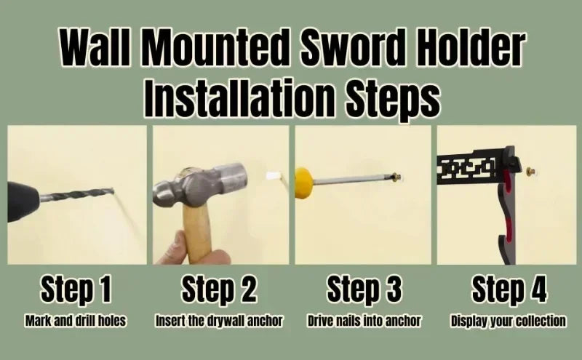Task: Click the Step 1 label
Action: point(76,289)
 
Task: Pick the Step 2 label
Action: point(219,289)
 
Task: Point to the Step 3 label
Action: point(364,289)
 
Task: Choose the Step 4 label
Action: point(509,289)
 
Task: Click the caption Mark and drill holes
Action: point(76,321)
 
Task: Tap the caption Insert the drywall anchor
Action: point(219,321)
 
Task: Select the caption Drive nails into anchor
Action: point(364,321)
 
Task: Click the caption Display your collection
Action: point(509,321)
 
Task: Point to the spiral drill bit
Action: point(76,195)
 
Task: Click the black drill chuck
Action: point(22,201)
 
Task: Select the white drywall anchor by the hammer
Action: point(273,175)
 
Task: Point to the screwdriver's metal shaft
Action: point(353,180)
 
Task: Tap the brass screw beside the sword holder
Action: point(530,172)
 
